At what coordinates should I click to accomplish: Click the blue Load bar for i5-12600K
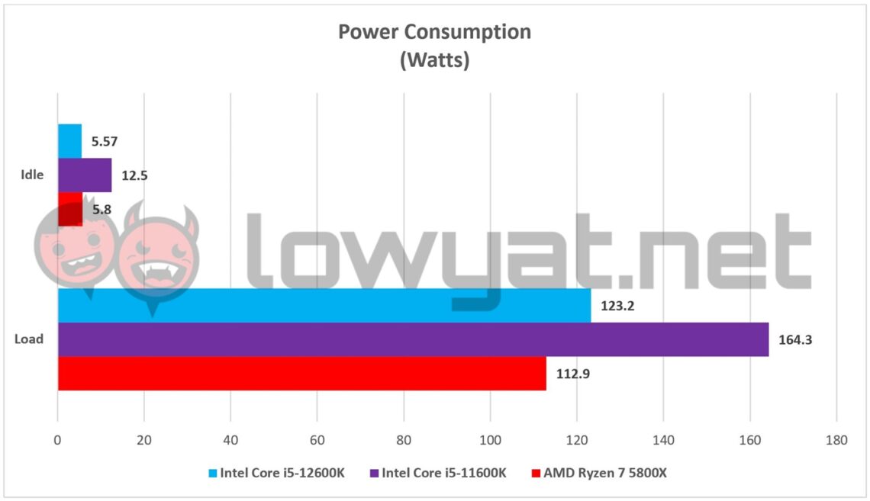pos(324,305)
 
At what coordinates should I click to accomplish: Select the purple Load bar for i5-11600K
pos(413,339)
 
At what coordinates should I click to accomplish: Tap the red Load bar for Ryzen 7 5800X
pos(301,374)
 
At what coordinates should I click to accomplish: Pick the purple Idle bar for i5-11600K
pos(85,175)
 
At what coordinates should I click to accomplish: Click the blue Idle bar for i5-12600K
pos(69,140)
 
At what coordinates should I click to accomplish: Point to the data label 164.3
pos(796,340)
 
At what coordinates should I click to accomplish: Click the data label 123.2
pos(617,306)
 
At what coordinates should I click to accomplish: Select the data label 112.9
pos(573,374)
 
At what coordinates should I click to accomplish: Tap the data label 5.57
pos(105,141)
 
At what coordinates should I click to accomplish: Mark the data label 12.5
pos(134,175)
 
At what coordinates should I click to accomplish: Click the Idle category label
pos(32,175)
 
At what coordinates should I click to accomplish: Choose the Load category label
pos(29,339)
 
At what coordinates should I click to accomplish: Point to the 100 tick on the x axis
pos(491,440)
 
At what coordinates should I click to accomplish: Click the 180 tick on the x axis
pos(836,440)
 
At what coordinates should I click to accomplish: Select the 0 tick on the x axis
pos(57,440)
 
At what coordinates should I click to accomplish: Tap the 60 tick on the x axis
pos(317,440)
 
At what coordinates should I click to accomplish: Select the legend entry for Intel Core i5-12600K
pos(276,473)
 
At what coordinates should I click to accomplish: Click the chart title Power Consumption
pos(434,32)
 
